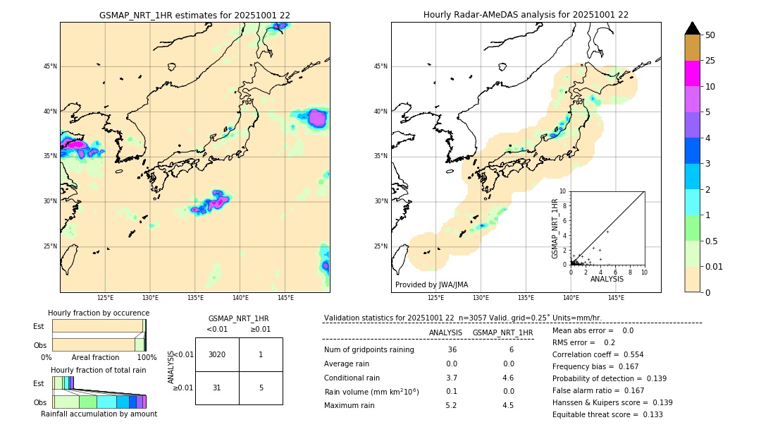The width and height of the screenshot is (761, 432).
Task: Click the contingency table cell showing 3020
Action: point(217,354)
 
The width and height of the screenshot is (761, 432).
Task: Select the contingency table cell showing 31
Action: point(217,388)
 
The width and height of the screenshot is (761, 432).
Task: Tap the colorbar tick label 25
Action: point(710,61)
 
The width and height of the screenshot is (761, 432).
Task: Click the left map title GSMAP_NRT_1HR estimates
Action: point(194,15)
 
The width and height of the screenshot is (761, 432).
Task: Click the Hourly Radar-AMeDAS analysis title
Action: point(526,15)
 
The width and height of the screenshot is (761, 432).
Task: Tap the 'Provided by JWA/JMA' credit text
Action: point(431,284)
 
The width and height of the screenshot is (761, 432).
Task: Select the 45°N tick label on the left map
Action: point(50,66)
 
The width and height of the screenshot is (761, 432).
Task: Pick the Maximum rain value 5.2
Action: point(451,405)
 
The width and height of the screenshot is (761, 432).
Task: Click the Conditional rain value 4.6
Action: point(508,378)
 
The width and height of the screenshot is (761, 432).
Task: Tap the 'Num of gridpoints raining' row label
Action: point(369,349)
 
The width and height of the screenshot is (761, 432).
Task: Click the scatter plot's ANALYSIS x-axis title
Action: point(607,279)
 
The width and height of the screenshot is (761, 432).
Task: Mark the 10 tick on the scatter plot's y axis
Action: point(563,191)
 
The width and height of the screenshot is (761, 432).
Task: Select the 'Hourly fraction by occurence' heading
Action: point(99,313)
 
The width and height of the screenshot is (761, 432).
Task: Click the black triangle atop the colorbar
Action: point(693,28)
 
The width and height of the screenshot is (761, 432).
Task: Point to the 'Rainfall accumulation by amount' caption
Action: point(99,414)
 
